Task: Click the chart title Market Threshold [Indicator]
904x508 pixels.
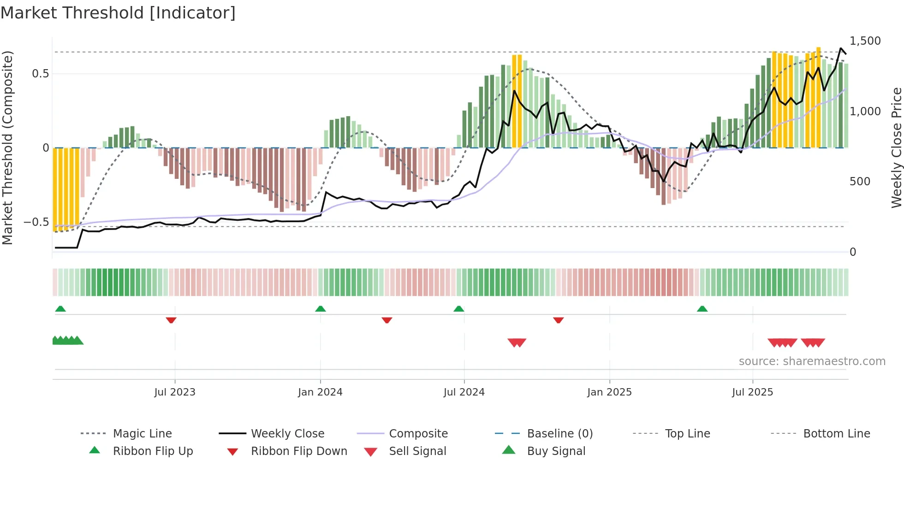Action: pyautogui.click(x=118, y=13)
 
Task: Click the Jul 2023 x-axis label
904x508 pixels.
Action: pyautogui.click(x=175, y=392)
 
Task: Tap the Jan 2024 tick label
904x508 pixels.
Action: pyautogui.click(x=320, y=392)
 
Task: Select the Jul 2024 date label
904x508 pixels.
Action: pyautogui.click(x=464, y=392)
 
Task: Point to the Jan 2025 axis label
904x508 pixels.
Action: pyautogui.click(x=609, y=392)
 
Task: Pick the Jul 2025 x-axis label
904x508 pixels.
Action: pyautogui.click(x=752, y=392)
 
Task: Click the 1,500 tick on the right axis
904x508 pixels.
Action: pyautogui.click(x=865, y=41)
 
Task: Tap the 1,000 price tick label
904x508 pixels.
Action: pyautogui.click(x=865, y=112)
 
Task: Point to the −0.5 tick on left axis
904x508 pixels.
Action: pyautogui.click(x=36, y=222)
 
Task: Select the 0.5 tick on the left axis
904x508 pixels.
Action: pyautogui.click(x=40, y=74)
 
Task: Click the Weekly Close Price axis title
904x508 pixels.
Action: pyautogui.click(x=896, y=148)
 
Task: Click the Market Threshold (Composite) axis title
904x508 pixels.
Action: pyautogui.click(x=7, y=148)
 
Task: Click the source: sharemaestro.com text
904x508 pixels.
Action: pyautogui.click(x=812, y=361)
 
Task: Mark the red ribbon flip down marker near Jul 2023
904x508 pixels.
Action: pyautogui.click(x=171, y=320)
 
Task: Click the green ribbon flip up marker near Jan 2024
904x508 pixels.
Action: pyautogui.click(x=321, y=309)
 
